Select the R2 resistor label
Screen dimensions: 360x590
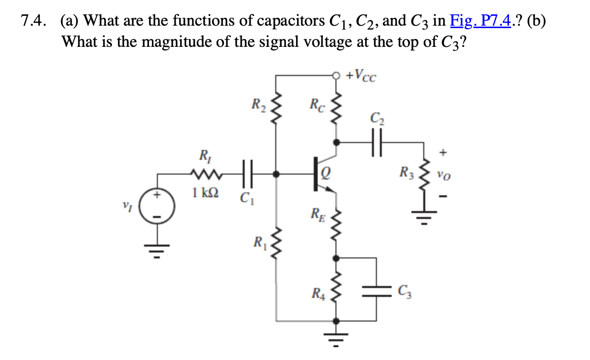coord(258,105)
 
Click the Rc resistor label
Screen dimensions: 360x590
coord(317,105)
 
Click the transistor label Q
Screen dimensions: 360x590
coord(326,173)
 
